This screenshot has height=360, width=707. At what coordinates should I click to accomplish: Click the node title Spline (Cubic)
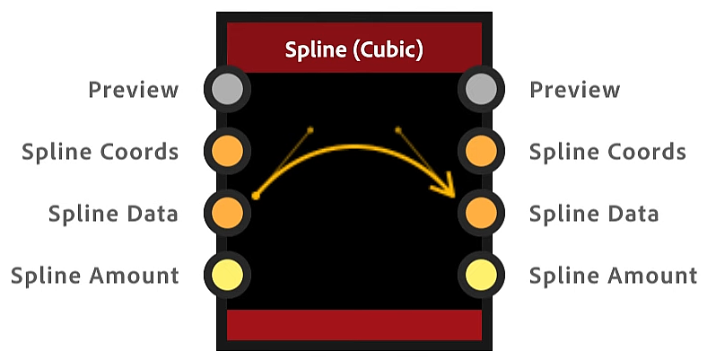(353, 48)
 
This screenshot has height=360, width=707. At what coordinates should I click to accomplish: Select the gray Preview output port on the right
(481, 89)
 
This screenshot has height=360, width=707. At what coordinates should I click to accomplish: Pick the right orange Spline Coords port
(481, 151)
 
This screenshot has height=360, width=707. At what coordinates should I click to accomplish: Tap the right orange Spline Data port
(481, 213)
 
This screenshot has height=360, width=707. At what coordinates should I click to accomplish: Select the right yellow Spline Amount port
(481, 275)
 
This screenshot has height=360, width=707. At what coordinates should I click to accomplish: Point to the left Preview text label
(133, 90)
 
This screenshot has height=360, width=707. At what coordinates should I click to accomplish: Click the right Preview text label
(574, 90)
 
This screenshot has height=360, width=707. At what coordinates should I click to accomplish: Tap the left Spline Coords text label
(100, 152)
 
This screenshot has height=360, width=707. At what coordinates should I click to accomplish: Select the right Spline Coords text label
(607, 152)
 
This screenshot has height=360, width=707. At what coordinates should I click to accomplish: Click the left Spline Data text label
(113, 214)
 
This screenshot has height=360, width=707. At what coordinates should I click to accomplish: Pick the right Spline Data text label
(593, 214)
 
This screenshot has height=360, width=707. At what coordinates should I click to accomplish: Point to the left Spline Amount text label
(94, 276)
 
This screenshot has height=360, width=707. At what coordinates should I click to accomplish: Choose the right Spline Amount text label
(613, 276)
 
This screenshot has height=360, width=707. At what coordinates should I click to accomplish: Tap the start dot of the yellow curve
(256, 195)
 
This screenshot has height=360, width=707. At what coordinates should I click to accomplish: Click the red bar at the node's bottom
(353, 325)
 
